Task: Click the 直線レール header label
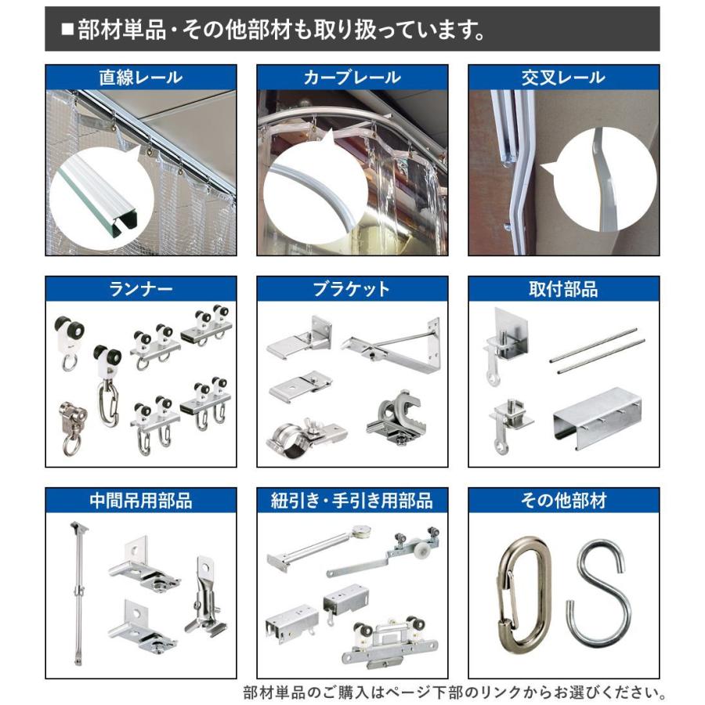140,78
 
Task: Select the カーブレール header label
352,78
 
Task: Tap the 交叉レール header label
563,78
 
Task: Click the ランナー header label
140,289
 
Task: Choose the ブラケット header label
352,289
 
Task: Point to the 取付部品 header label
563,289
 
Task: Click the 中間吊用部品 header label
140,501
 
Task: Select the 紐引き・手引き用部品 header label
352,501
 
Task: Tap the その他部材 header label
563,501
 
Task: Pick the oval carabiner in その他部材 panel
522,593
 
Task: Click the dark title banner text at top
271,30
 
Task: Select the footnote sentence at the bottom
454,692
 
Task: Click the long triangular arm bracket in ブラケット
392,342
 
